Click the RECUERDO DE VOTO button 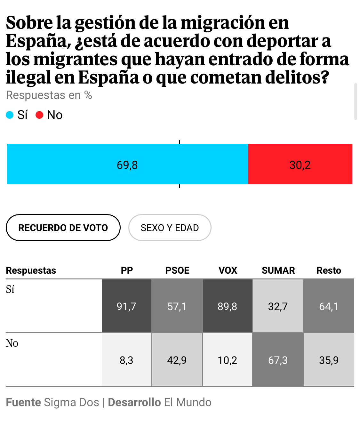point(63,228)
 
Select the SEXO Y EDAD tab point(170,228)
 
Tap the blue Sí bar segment point(127,164)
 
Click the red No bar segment point(300,164)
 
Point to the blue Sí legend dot point(10,115)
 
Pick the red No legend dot point(39,115)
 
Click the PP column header point(127,270)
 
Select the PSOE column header point(177,270)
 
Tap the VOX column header point(228,270)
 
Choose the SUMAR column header point(278,270)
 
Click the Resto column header point(329,270)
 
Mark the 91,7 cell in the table point(126,306)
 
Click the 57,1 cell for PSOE point(177,306)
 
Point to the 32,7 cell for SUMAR point(278,306)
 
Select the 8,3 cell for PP point(126,360)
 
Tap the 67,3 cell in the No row point(278,360)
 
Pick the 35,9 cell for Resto point(329,360)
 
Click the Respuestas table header point(31,270)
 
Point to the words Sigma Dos point(71,402)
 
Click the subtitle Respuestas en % point(49,95)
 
